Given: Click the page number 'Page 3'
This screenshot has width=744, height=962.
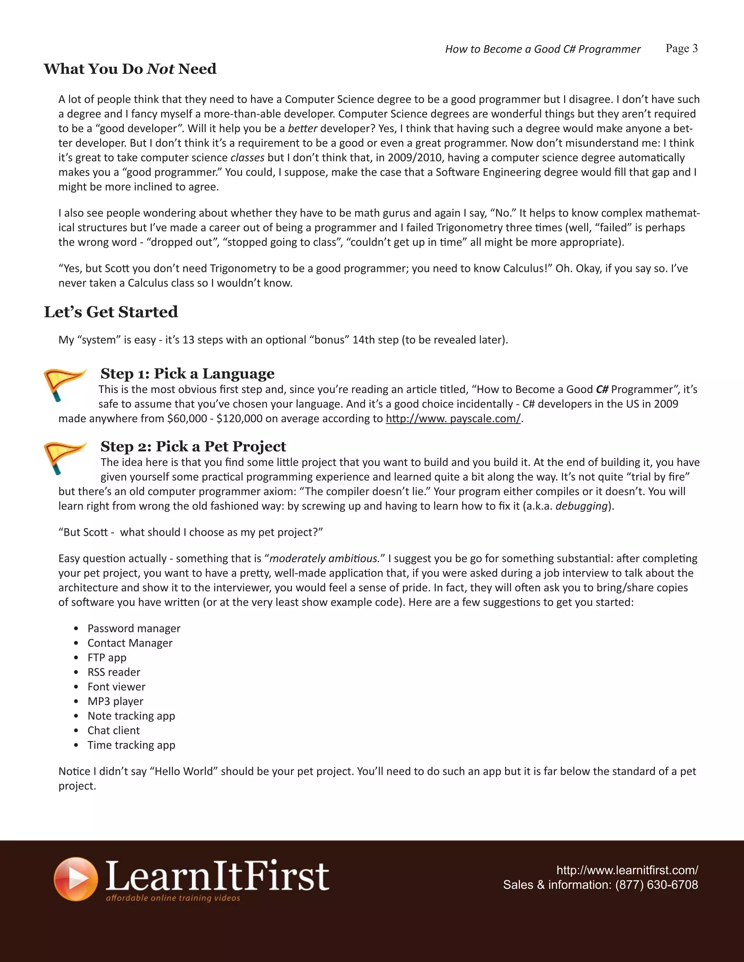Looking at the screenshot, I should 682,48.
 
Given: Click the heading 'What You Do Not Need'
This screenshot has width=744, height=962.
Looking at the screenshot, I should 130,69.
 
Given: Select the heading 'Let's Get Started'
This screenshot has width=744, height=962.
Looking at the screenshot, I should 111,312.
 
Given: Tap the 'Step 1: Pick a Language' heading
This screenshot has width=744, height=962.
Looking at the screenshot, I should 187,374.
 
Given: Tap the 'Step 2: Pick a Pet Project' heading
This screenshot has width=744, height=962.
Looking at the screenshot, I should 193,446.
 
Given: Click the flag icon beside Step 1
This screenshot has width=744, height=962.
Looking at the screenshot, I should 64,384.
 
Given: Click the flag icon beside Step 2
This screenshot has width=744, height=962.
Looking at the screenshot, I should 64,457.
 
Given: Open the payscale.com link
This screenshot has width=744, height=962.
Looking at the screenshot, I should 453,419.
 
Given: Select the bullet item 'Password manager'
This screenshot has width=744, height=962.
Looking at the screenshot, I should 134,628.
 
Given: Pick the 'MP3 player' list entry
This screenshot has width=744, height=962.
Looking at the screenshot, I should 115,701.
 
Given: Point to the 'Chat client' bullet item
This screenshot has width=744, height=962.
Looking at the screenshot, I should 113,730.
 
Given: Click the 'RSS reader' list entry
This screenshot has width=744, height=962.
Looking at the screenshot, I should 114,672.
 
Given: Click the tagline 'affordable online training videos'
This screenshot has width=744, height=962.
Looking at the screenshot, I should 173,898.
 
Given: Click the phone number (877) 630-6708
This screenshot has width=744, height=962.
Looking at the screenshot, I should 656,885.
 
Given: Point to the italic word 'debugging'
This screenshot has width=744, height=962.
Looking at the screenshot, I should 581,506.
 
